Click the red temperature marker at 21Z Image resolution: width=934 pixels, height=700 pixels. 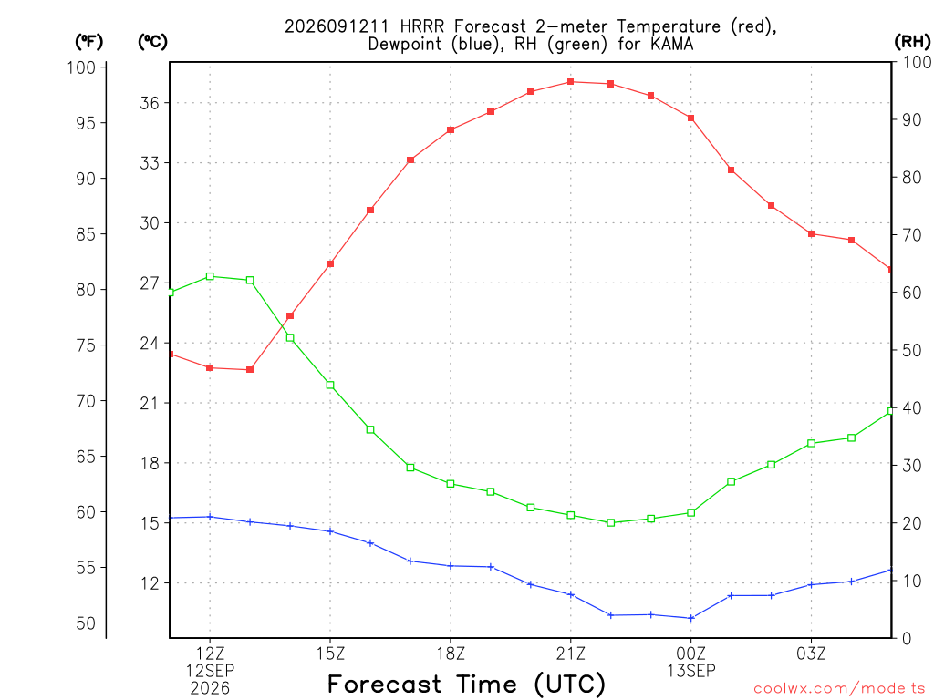click(x=571, y=81)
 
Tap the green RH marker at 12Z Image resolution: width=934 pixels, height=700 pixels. click(x=210, y=276)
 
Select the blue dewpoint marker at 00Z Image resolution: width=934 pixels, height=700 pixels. click(x=691, y=618)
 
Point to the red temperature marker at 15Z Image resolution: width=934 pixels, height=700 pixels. click(x=330, y=263)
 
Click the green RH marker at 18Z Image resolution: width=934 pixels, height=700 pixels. click(x=451, y=484)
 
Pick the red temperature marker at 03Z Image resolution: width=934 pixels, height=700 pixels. click(x=811, y=233)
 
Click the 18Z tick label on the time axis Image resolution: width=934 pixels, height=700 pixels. click(x=451, y=654)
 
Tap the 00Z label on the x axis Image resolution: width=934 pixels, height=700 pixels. click(x=691, y=654)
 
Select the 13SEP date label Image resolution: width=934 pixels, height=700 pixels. click(x=691, y=672)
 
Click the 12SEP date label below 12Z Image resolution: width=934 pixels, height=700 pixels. click(x=210, y=671)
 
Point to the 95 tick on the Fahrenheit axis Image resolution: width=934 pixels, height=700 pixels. click(x=86, y=123)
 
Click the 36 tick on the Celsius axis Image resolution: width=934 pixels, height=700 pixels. click(x=150, y=103)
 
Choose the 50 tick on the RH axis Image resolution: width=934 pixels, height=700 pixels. click(x=911, y=350)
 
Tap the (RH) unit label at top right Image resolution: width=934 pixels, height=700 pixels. click(x=912, y=42)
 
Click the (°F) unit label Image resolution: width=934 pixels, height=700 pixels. click(x=88, y=42)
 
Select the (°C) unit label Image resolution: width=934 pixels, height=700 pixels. click(x=152, y=42)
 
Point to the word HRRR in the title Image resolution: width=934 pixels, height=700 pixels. click(x=422, y=26)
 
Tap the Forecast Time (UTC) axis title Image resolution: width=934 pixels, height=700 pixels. click(x=466, y=685)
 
